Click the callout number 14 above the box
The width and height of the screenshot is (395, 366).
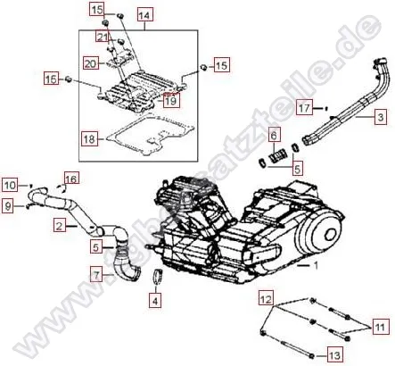coord(144,15)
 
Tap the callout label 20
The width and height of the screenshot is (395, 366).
coord(90,63)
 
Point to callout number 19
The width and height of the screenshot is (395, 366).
coord(171,101)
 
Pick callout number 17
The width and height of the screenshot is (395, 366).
coord(304,108)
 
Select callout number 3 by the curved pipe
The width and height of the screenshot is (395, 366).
coord(381,117)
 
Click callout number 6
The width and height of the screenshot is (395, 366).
coord(274,134)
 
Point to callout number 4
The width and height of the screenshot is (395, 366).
coord(155,301)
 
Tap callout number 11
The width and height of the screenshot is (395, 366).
coord(381,329)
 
